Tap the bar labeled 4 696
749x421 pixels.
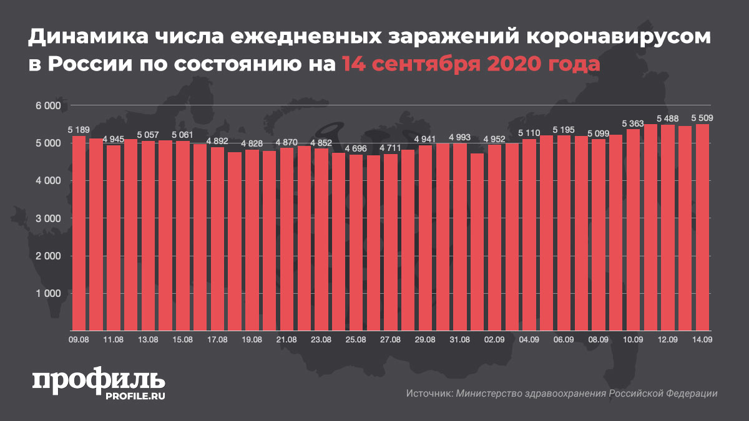click(x=356, y=243)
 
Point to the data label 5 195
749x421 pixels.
click(x=564, y=130)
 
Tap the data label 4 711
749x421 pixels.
click(x=391, y=148)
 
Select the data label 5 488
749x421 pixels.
click(x=668, y=119)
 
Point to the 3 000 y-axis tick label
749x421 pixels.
click(x=47, y=218)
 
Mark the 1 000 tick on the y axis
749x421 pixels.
click(x=47, y=293)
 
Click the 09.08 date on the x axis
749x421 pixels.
click(x=79, y=339)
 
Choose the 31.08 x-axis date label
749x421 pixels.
click(x=460, y=339)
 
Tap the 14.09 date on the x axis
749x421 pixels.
click(x=702, y=339)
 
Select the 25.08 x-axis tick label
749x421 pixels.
click(x=356, y=339)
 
